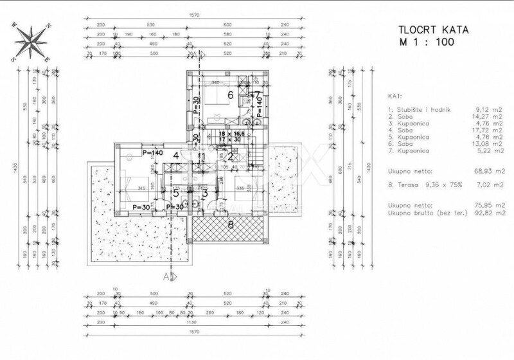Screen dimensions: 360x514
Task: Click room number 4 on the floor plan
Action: (175, 155)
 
